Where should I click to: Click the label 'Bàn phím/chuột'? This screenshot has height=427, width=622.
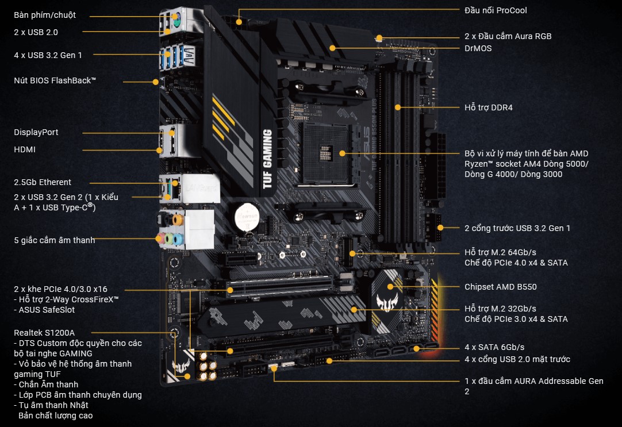tap(45, 15)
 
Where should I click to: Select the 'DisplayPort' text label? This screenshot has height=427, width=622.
tap(36, 132)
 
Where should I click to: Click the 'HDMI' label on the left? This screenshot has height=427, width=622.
tap(25, 149)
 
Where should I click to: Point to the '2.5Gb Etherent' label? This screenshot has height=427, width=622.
tap(43, 182)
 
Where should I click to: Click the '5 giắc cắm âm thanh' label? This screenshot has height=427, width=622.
tap(55, 240)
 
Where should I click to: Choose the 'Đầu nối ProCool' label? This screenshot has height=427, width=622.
tap(496, 10)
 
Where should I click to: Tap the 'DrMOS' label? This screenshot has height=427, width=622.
tap(478, 48)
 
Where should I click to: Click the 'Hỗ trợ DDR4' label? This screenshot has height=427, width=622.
tap(488, 107)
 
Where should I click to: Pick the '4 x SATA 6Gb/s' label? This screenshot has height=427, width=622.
tap(494, 347)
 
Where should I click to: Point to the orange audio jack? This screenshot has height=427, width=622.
tap(178, 219)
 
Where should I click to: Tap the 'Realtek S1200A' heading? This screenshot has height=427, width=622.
tap(44, 332)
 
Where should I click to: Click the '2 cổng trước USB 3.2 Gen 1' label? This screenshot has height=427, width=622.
tap(517, 228)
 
